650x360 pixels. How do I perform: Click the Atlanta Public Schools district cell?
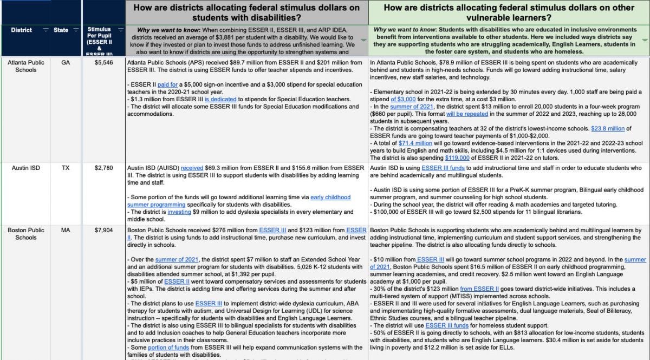click(x=25, y=66)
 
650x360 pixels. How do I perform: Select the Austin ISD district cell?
click(x=25, y=168)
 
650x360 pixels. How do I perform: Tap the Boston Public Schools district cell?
click(x=25, y=234)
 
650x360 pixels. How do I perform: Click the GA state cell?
click(x=66, y=63)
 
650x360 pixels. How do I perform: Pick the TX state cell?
click(x=66, y=168)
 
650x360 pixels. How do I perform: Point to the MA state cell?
click(x=66, y=230)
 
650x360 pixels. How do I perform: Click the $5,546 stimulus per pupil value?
click(x=103, y=63)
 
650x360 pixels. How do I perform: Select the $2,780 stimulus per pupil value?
click(x=103, y=168)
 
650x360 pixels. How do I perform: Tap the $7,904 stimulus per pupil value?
click(x=103, y=230)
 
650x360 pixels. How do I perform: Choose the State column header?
click(x=61, y=30)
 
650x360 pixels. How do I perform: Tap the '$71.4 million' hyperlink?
click(x=415, y=143)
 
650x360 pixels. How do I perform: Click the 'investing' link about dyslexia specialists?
click(x=179, y=212)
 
